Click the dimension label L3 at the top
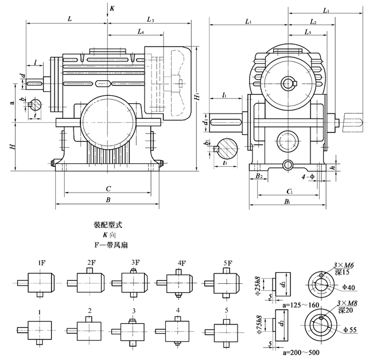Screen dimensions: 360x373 [150, 20]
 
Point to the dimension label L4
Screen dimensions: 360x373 [141, 33]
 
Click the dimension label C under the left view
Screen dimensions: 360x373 [108, 188]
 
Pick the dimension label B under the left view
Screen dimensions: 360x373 [108, 200]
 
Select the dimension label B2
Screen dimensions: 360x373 [259, 176]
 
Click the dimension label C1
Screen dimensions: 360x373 [289, 191]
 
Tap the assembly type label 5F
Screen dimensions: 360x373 [224, 263]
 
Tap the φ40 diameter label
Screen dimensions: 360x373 [349, 288]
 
